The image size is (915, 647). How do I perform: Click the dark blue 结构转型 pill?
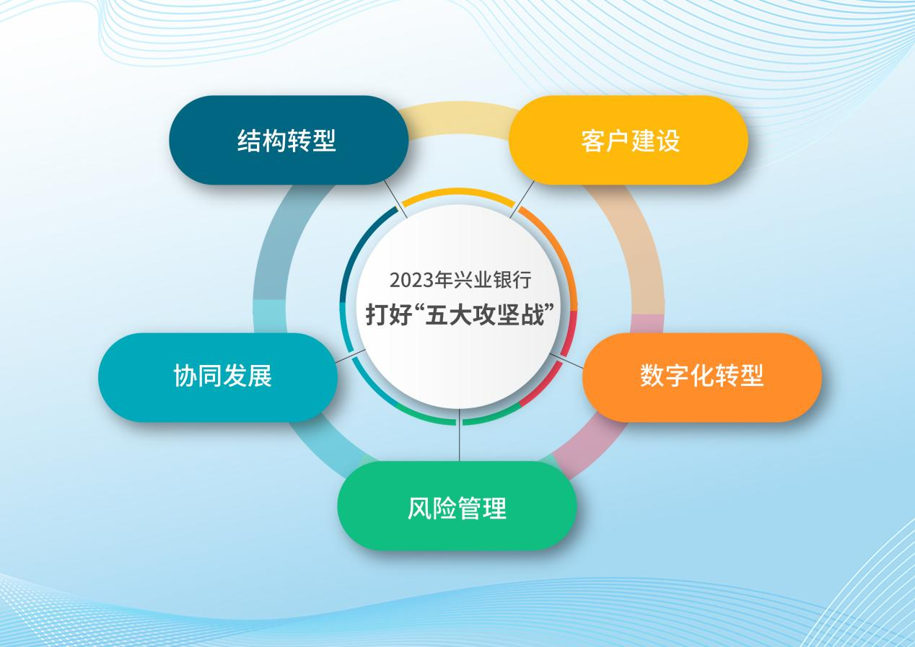tap(289, 140)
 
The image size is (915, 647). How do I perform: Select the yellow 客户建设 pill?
tap(629, 140)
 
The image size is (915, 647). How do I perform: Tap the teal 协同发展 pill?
tap(218, 377)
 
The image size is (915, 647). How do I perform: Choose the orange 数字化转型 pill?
tap(702, 377)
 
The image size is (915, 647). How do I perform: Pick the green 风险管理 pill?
tap(457, 506)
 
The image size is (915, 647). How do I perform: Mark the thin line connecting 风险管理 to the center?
tap(459, 435)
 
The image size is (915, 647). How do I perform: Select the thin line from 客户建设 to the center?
tap(522, 200)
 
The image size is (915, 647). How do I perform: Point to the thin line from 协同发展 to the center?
tap(350, 356)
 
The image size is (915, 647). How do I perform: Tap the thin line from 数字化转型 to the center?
tap(566, 361)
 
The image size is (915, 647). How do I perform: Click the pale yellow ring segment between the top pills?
tap(458, 118)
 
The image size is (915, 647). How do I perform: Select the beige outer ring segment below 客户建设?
tap(637, 245)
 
